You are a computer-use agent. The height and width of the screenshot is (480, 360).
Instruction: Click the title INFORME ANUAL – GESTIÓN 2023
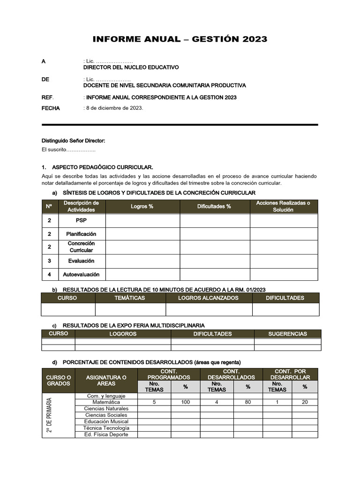pyautogui.click(x=180, y=39)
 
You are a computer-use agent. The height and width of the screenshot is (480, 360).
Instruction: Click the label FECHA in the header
pyautogui.click(x=51, y=108)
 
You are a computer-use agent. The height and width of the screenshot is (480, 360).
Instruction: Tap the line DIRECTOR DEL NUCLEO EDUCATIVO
pyautogui.click(x=131, y=67)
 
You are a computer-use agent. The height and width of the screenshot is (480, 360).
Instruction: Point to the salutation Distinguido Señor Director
pyautogui.click(x=74, y=141)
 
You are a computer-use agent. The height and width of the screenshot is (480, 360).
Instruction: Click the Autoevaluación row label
pyautogui.click(x=81, y=274)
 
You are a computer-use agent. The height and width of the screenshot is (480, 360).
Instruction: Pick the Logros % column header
pyautogui.click(x=142, y=206)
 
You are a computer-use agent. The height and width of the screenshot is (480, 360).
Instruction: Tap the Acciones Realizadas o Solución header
pyautogui.click(x=283, y=206)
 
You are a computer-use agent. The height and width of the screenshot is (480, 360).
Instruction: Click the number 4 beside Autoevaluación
pyautogui.click(x=50, y=274)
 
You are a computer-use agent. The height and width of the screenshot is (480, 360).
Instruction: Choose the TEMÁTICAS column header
pyautogui.click(x=130, y=298)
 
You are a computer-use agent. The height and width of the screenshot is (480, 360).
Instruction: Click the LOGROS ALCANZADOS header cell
pyautogui.click(x=209, y=298)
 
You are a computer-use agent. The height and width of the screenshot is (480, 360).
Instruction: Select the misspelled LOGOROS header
pyautogui.click(x=123, y=334)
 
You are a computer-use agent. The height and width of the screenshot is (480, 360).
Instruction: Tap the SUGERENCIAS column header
pyautogui.click(x=287, y=334)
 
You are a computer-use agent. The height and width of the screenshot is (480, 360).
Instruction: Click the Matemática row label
pyautogui.click(x=106, y=402)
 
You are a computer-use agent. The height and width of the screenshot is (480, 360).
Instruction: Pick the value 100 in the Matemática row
pyautogui.click(x=185, y=402)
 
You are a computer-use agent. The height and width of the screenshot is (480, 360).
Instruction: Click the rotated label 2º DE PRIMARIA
pyautogui.click(x=50, y=415)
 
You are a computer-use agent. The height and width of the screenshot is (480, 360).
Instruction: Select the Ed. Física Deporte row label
pyautogui.click(x=106, y=435)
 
